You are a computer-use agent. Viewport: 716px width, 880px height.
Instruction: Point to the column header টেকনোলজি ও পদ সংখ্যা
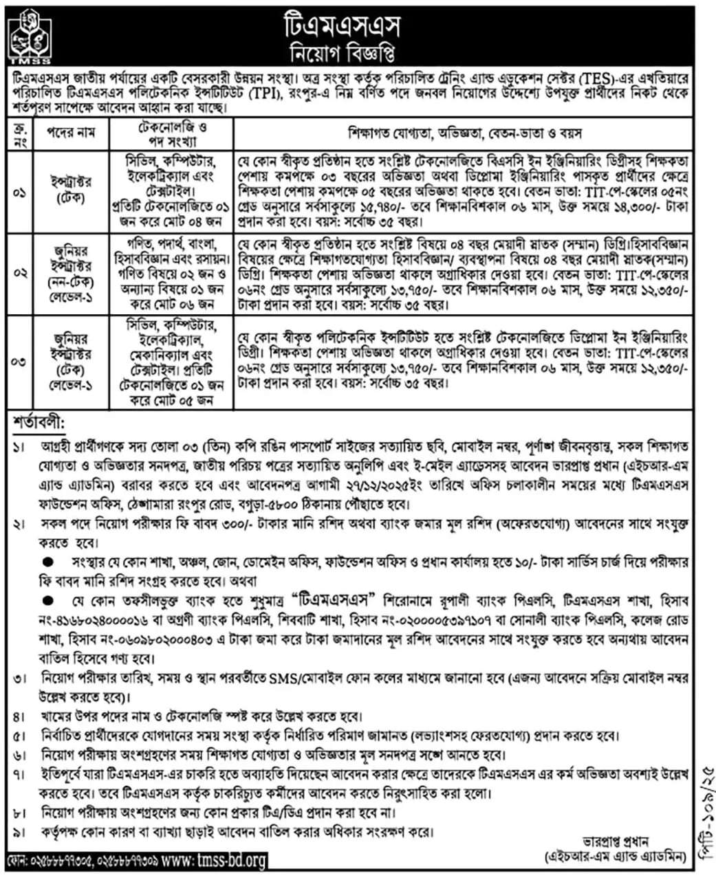(x=172, y=134)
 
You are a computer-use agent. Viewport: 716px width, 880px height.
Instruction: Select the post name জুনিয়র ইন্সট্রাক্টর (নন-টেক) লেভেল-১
(x=69, y=273)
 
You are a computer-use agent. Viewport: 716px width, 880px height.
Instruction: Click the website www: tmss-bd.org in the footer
(x=213, y=860)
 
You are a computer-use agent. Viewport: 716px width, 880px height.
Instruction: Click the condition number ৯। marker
(x=19, y=832)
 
